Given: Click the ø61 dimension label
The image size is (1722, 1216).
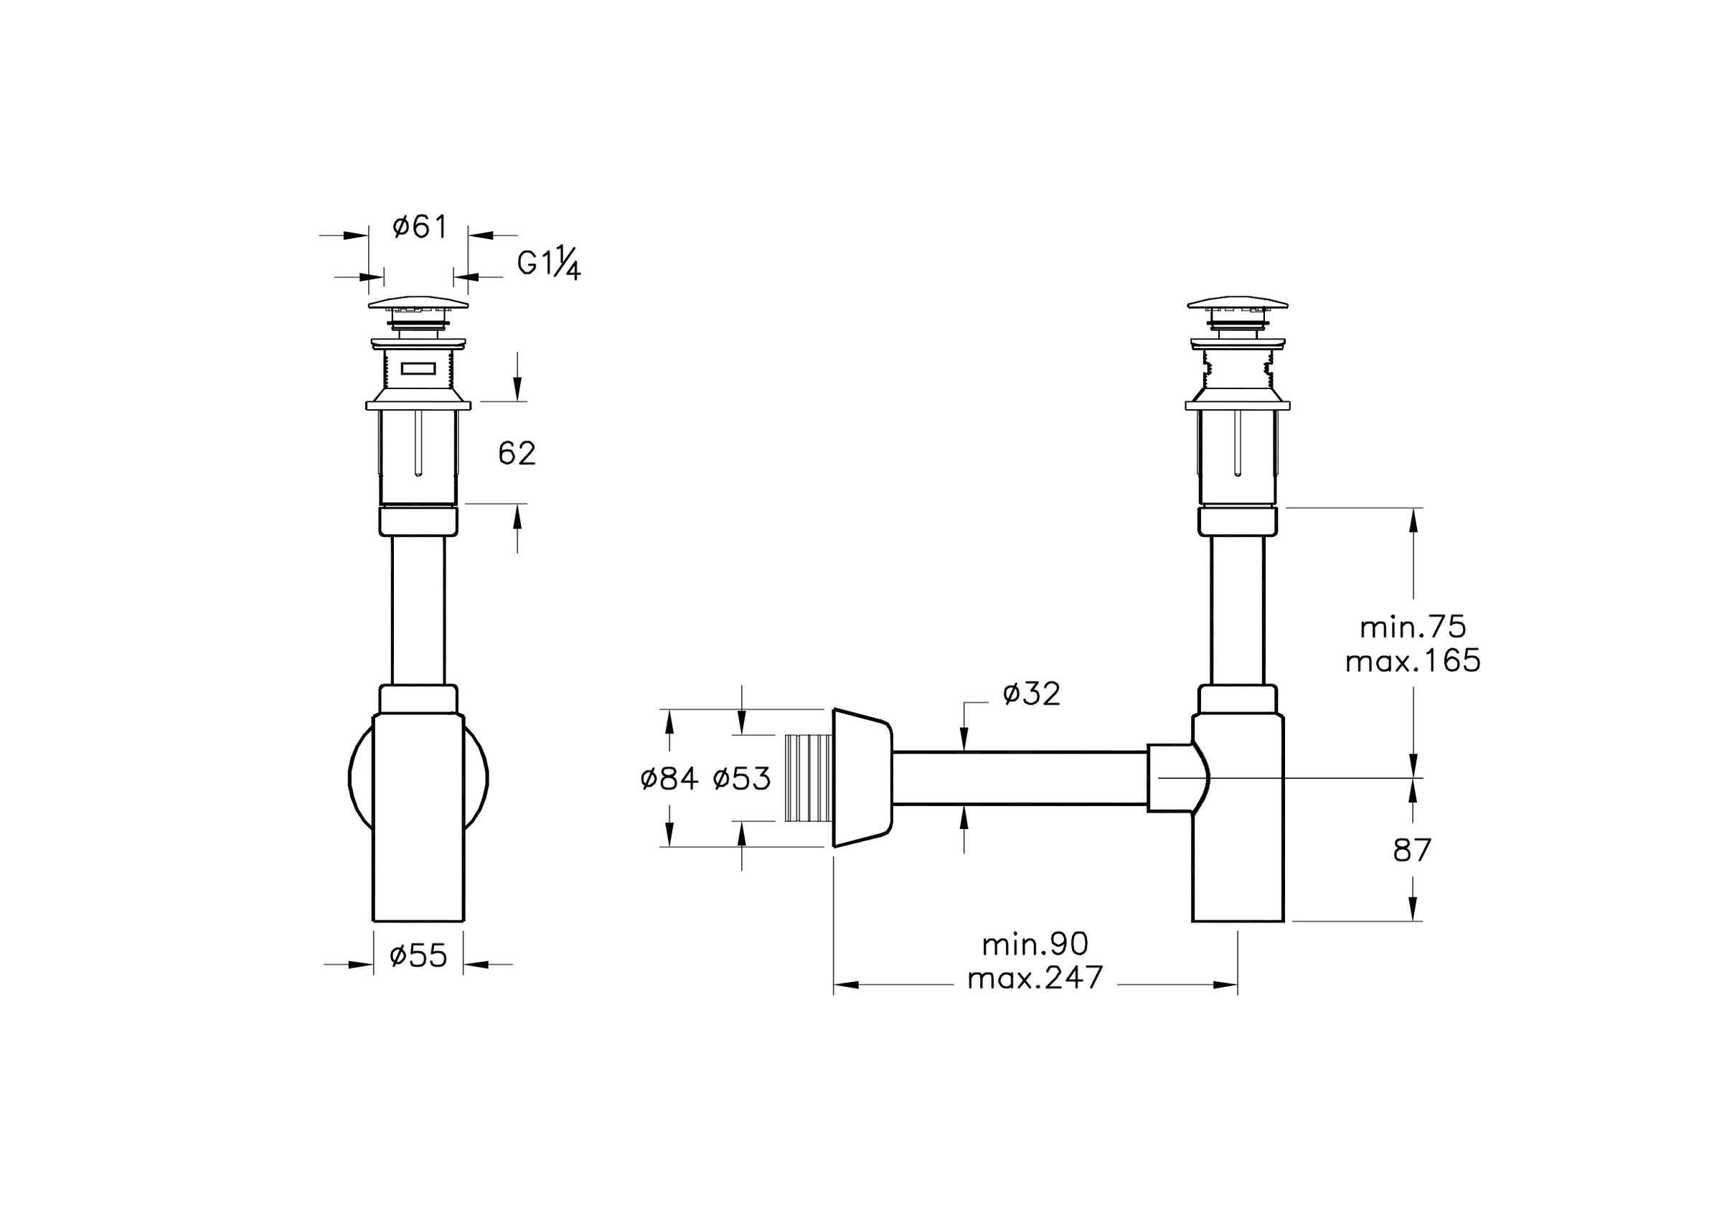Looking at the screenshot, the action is pos(419,227).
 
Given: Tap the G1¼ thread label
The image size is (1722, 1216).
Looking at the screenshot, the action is pos(549,263).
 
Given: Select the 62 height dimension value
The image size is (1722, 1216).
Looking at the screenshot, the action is pos(517,453).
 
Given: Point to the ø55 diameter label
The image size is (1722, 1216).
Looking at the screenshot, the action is pos(418,955).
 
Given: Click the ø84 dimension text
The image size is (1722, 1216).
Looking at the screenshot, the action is pos(669,780).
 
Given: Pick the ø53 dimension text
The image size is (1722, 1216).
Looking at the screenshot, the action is pos(742,780).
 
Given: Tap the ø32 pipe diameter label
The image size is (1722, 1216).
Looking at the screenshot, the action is pos(1032,694).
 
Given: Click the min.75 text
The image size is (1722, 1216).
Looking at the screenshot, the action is pos(1413,627).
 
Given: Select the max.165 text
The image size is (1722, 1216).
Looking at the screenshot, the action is pos(1413,661).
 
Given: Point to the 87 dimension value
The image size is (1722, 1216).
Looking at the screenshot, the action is pos(1413,851).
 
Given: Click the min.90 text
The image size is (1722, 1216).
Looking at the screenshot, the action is pos(1035,944).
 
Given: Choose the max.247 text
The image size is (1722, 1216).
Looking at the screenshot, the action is pos(1035,978).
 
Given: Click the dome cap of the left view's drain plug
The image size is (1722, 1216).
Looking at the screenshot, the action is pos(418,302).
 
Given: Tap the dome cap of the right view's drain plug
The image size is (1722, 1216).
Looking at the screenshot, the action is pos(1238,302).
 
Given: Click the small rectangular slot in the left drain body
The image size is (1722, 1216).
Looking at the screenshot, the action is pos(418,368).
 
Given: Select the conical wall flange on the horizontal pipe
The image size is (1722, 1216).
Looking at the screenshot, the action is pos(862,778).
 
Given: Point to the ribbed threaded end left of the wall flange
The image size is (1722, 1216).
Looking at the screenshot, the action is pos(808,778).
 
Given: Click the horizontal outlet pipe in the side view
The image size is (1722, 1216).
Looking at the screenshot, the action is pos(1020,778).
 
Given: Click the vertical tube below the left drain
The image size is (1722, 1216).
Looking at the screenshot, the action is pos(418,610).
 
